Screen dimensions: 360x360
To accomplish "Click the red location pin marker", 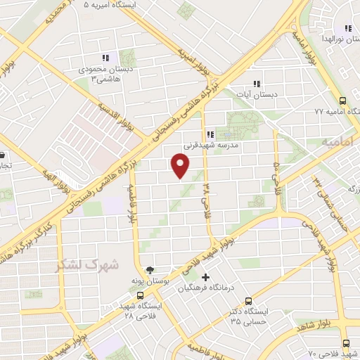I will click(x=181, y=166).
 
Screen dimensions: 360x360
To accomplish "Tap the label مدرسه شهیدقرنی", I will click(x=212, y=145).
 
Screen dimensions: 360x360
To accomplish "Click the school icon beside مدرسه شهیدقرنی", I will click(x=210, y=134).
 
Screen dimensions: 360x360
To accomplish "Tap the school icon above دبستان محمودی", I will click(x=105, y=58).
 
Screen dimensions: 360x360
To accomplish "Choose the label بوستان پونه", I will click(x=148, y=281).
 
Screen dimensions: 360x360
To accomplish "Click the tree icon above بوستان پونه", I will click(x=148, y=269).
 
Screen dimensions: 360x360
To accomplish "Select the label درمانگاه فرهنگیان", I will click(x=205, y=288).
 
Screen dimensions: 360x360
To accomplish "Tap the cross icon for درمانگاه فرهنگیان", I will click(x=205, y=276).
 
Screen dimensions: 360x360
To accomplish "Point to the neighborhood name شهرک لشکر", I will click(x=88, y=264).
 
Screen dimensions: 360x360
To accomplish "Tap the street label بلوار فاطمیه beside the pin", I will click(x=131, y=202).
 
